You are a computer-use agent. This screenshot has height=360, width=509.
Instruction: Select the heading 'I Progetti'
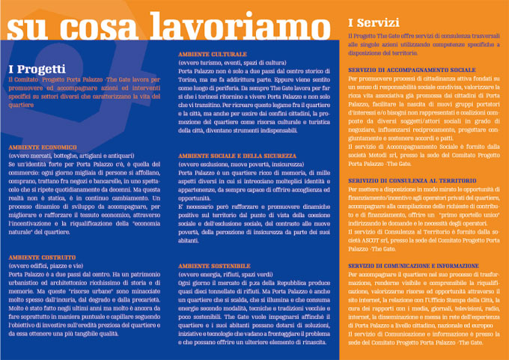click(36, 68)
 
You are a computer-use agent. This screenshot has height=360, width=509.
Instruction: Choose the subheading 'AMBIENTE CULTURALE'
click(211, 55)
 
